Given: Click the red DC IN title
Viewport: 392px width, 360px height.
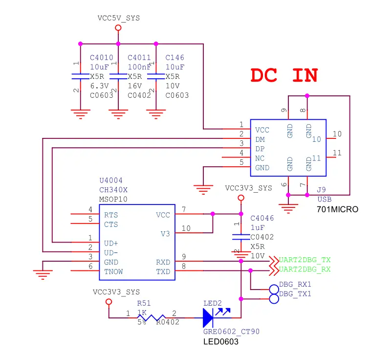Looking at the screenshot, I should [x=284, y=75].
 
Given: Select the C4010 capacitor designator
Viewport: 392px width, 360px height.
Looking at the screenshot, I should [x=101, y=58].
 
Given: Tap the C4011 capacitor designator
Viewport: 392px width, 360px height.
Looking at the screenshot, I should [x=139, y=58].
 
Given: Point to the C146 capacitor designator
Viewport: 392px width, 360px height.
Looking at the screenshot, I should [x=175, y=58].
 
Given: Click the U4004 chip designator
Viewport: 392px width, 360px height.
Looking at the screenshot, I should [x=111, y=180].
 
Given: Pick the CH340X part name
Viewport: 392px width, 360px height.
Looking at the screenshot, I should [x=113, y=190].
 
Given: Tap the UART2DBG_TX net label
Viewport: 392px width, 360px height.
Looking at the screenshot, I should [x=305, y=260].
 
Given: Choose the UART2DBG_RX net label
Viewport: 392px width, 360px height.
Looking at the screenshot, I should [x=305, y=269].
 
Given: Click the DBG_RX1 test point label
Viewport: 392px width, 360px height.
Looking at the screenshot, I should [x=295, y=285].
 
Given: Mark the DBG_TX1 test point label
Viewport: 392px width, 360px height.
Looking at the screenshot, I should [x=295, y=294].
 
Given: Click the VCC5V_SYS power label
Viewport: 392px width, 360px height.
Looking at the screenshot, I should [x=119, y=18].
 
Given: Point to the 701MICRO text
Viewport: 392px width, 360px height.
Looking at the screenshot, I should [x=338, y=209].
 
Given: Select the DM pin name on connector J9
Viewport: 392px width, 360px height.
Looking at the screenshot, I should [x=260, y=139].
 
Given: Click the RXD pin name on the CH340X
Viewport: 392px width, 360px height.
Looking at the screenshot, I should [x=163, y=262].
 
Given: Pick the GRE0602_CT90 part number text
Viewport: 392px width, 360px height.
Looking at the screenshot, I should [x=231, y=332].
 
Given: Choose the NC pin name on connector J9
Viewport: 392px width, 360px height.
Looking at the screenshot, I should [x=260, y=158].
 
